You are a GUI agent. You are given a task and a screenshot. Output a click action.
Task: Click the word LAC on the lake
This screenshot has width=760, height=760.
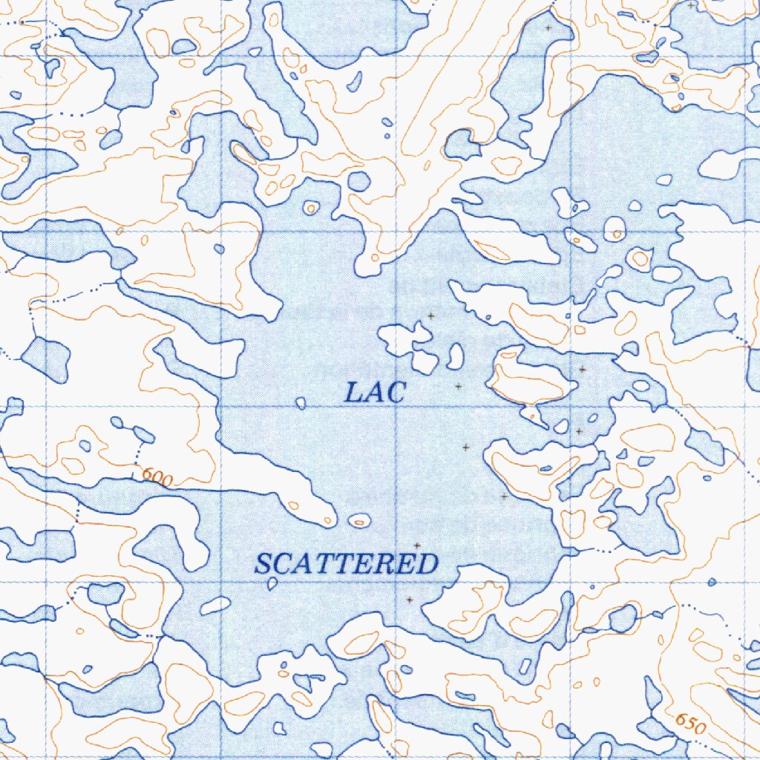[x=376, y=392]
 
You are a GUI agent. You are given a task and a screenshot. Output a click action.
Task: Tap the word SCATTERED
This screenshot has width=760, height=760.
[x=346, y=565]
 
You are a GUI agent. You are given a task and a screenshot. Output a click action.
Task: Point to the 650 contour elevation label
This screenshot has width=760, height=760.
[x=689, y=724]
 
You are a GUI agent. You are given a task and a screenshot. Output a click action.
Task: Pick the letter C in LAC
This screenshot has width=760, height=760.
[x=396, y=392]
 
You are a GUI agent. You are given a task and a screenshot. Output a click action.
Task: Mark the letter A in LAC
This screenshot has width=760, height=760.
[x=376, y=393]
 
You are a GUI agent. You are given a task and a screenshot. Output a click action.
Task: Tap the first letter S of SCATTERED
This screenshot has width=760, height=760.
[x=263, y=566]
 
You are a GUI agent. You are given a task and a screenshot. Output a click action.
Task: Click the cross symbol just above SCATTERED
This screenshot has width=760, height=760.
[x=417, y=546]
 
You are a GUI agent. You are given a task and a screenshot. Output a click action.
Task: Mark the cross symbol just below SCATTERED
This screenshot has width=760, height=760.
[x=409, y=600]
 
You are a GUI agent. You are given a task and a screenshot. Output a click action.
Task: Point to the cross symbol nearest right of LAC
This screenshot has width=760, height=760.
[x=459, y=386]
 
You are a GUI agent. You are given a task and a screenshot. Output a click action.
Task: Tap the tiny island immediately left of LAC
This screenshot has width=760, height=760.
[x=301, y=403]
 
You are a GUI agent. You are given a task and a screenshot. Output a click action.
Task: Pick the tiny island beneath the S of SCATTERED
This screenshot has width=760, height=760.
[x=272, y=584]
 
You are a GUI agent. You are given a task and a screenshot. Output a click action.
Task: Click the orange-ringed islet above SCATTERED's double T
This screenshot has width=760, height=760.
[x=360, y=521]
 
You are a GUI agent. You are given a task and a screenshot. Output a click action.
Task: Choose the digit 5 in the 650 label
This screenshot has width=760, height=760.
[x=690, y=725]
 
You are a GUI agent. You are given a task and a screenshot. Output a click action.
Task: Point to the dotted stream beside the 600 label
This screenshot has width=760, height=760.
[x=138, y=450]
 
